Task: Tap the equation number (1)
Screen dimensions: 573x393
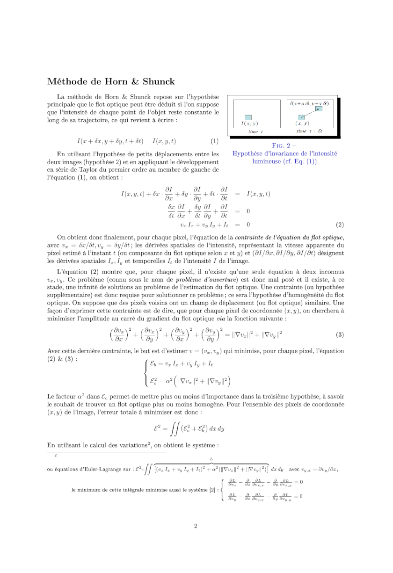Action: click(214, 141)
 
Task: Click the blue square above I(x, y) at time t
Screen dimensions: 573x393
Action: click(248, 117)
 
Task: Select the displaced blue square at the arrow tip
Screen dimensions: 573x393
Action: click(318, 109)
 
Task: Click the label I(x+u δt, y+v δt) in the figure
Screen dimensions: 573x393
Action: click(309, 102)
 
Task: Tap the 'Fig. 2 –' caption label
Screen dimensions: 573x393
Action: click(285, 145)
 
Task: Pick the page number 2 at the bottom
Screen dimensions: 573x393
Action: click(196, 526)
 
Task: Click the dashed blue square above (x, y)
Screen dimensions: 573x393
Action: click(302, 117)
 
